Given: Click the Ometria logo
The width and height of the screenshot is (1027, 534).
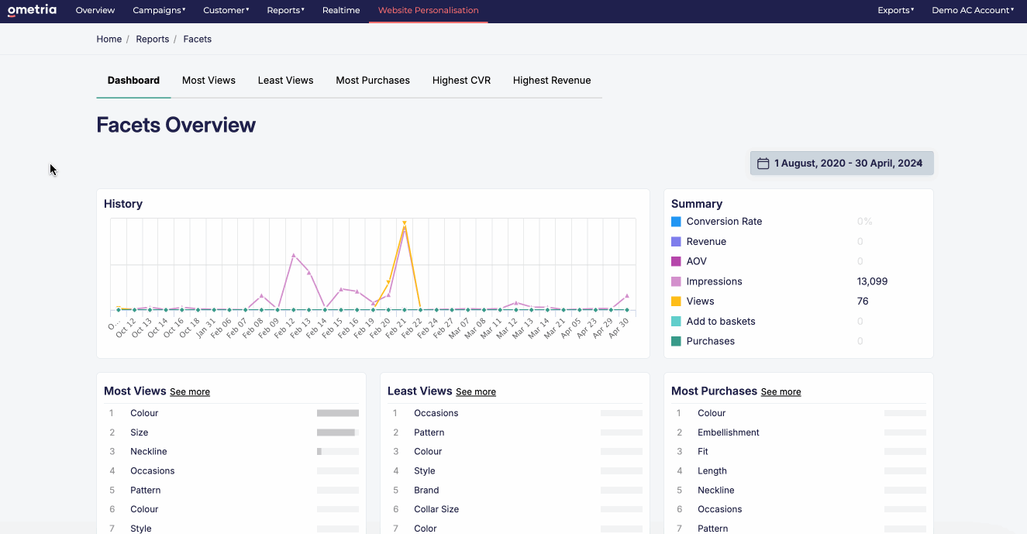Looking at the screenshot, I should [32, 10].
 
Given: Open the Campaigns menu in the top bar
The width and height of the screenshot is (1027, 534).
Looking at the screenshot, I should [159, 10].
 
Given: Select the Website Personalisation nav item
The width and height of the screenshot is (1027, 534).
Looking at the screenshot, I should [428, 10].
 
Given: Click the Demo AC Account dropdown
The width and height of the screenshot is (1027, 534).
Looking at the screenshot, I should [973, 10].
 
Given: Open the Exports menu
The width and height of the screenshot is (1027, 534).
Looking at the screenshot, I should [895, 10].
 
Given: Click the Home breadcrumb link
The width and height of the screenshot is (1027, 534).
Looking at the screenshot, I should [109, 39].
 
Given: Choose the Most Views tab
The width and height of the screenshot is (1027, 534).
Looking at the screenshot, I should [209, 80].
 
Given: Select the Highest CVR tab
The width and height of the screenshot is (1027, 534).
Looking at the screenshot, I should [461, 80].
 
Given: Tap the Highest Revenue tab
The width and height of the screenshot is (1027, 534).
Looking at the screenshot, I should [551, 80].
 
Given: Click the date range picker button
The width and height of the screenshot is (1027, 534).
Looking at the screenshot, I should [842, 163].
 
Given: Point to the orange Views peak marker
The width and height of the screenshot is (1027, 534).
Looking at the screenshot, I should [405, 223].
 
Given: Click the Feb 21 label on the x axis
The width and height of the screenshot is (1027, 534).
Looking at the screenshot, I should [401, 325].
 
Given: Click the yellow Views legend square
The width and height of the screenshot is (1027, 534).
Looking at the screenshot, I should [676, 301].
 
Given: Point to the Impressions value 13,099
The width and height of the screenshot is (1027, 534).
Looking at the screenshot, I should [872, 281].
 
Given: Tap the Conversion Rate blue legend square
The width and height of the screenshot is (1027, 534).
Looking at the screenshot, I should [676, 222].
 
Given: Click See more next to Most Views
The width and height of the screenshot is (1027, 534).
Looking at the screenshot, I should [190, 392].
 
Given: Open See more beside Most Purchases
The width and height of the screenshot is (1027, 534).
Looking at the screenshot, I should [781, 392].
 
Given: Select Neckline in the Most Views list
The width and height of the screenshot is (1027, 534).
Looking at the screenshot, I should [148, 451].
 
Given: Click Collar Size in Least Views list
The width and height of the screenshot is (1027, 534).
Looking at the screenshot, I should [436, 509].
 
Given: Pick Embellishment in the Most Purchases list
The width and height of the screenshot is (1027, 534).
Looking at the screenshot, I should [728, 432].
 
